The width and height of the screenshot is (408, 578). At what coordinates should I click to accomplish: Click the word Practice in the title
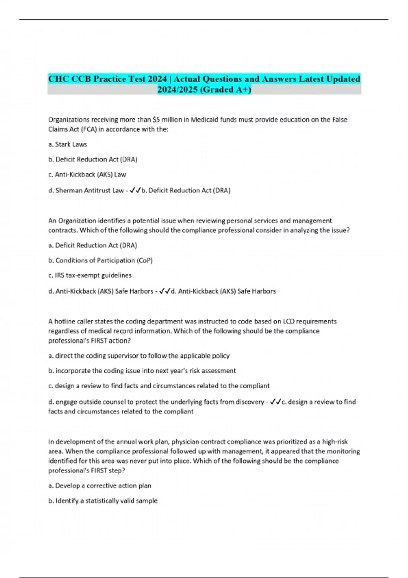(x=109, y=79)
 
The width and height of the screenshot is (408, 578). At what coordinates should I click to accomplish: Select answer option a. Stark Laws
(x=68, y=144)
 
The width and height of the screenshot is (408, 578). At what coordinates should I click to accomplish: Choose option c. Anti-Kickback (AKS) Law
(x=87, y=175)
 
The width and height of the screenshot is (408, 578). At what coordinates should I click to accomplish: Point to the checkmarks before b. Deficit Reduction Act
(x=135, y=190)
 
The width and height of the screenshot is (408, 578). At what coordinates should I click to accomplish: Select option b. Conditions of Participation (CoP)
(x=100, y=260)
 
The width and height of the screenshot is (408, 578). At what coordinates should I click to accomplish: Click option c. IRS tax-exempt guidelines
(x=90, y=275)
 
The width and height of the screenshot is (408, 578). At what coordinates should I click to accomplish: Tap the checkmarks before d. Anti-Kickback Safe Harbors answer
(x=165, y=291)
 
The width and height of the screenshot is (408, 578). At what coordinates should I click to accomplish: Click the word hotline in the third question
(x=65, y=322)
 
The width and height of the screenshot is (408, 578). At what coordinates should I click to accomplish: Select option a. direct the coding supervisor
(x=139, y=356)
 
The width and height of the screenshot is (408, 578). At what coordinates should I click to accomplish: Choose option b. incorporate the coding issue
(x=142, y=371)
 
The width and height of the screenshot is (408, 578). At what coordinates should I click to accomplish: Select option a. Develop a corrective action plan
(x=100, y=486)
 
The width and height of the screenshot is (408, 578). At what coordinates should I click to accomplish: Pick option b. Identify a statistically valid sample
(x=103, y=501)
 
